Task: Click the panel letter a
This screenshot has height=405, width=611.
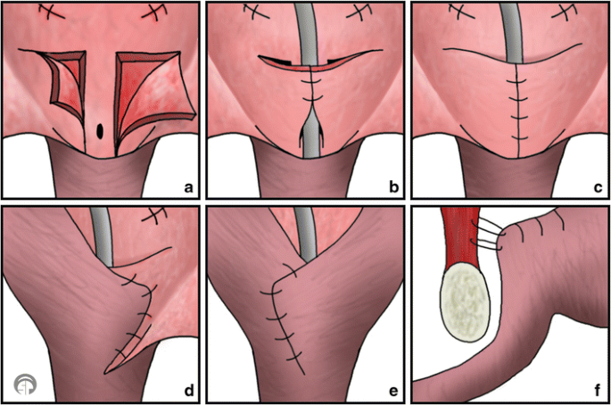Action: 188,187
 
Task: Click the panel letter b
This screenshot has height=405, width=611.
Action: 391,187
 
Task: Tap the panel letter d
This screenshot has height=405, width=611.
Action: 188,390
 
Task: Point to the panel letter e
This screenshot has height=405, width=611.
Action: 391,390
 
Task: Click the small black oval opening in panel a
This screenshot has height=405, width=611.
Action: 100,130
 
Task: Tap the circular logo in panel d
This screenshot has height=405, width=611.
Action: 25,385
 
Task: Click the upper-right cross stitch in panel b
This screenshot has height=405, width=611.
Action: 362,12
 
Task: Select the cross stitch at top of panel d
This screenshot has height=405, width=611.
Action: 159,216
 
